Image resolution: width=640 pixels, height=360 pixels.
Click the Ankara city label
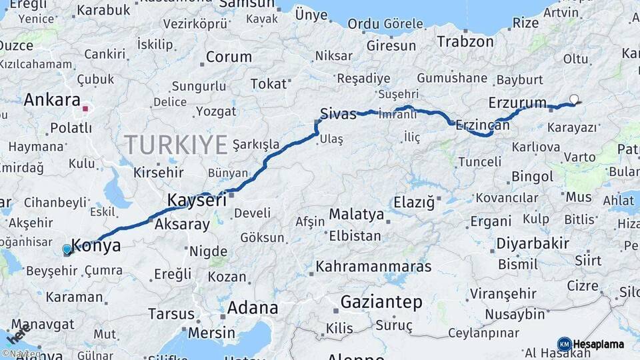click(x=52, y=100)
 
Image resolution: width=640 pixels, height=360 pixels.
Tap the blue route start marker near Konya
click(x=67, y=250)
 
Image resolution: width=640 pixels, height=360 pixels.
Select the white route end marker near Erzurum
click(x=574, y=99)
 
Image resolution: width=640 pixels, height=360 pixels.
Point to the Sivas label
click(x=338, y=113)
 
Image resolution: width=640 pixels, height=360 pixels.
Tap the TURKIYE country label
click(x=176, y=145)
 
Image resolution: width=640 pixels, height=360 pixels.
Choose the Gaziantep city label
click(x=381, y=302)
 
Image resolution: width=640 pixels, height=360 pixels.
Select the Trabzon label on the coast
click(x=465, y=41)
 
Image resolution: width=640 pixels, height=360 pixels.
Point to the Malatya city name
click(x=356, y=215)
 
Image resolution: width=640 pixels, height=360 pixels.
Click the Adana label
click(x=253, y=308)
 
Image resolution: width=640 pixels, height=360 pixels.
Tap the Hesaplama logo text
click(x=598, y=344)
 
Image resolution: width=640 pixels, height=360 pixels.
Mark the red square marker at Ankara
click(x=85, y=107)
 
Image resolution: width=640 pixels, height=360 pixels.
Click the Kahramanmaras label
click(x=373, y=267)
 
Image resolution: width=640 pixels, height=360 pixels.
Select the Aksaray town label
click(x=182, y=224)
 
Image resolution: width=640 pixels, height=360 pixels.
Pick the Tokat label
click(x=269, y=83)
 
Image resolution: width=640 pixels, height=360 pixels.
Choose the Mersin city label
click(x=211, y=332)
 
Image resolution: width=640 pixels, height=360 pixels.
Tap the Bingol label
click(x=532, y=177)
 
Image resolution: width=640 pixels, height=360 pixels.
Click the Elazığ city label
click(x=414, y=201)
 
